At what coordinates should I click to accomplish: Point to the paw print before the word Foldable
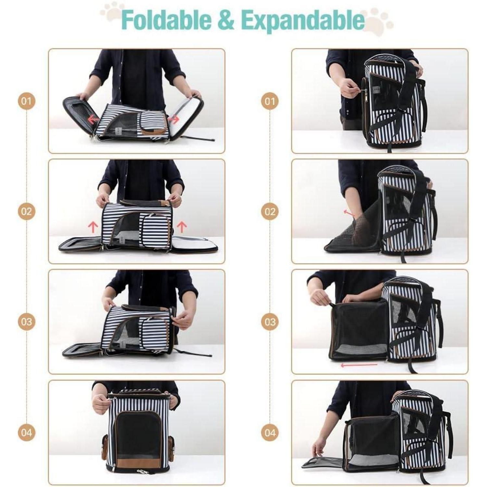(x=112, y=12)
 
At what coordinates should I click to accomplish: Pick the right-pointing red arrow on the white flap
(x=173, y=119)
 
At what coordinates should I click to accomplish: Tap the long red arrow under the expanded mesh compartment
(x=359, y=365)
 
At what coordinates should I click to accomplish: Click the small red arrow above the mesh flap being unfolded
(x=349, y=213)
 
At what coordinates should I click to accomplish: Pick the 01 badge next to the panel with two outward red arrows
(x=26, y=101)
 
